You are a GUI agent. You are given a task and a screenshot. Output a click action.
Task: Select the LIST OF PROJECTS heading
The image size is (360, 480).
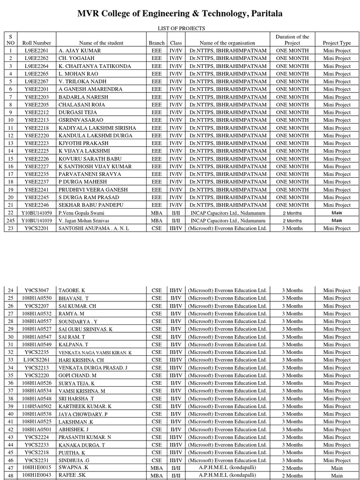[180, 29]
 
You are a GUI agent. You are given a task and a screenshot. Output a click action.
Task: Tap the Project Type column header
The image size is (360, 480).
[337, 43]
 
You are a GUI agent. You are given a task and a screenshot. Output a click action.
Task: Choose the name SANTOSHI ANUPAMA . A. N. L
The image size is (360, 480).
[93, 228]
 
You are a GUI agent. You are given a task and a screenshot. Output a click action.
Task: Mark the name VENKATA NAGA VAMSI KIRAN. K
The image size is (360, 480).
[95, 352]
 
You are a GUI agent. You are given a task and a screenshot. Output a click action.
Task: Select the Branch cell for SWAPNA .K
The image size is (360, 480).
[157, 468]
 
